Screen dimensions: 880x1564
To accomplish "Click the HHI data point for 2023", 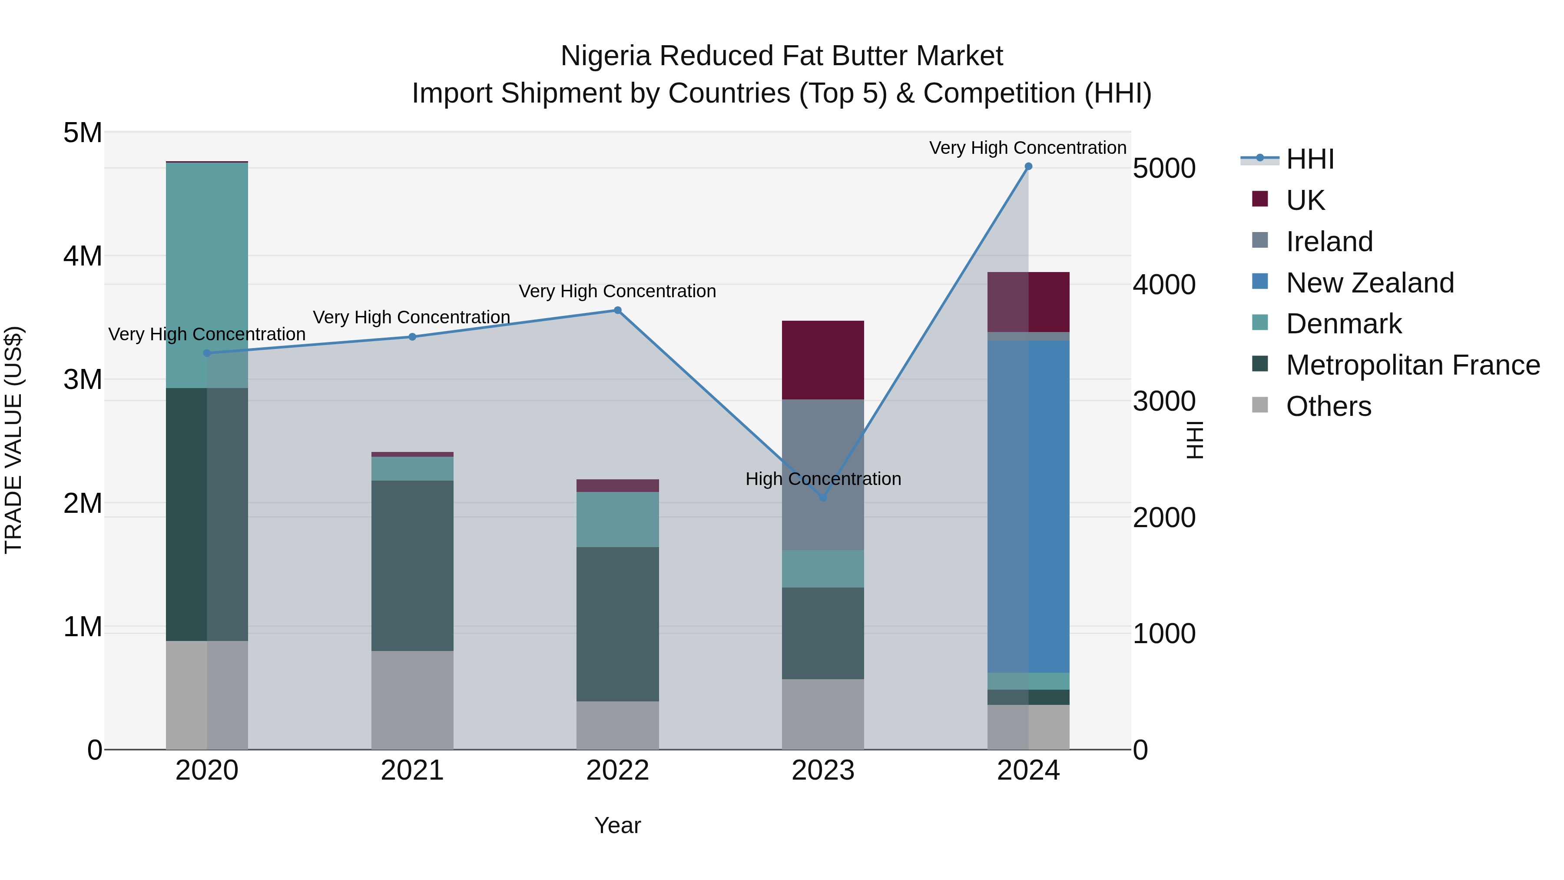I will pos(823,498).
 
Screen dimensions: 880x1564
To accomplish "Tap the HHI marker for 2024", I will pos(1028,166).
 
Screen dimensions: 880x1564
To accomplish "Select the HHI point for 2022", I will pos(617,310).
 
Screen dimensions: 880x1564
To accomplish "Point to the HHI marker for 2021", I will pos(412,337).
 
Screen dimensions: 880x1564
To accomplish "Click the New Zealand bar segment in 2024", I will pos(1028,507).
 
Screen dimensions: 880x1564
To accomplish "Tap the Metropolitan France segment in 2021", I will pos(412,565).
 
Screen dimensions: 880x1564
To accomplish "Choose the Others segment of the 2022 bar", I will pos(617,725).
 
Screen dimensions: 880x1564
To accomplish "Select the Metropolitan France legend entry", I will pos(1412,365).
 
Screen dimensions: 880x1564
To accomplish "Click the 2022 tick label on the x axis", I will pos(617,770).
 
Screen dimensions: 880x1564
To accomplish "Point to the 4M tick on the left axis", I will pos(83,256).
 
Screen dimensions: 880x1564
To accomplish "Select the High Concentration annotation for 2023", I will pos(823,479).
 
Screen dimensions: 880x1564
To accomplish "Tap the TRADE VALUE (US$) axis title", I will pos(13,440).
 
